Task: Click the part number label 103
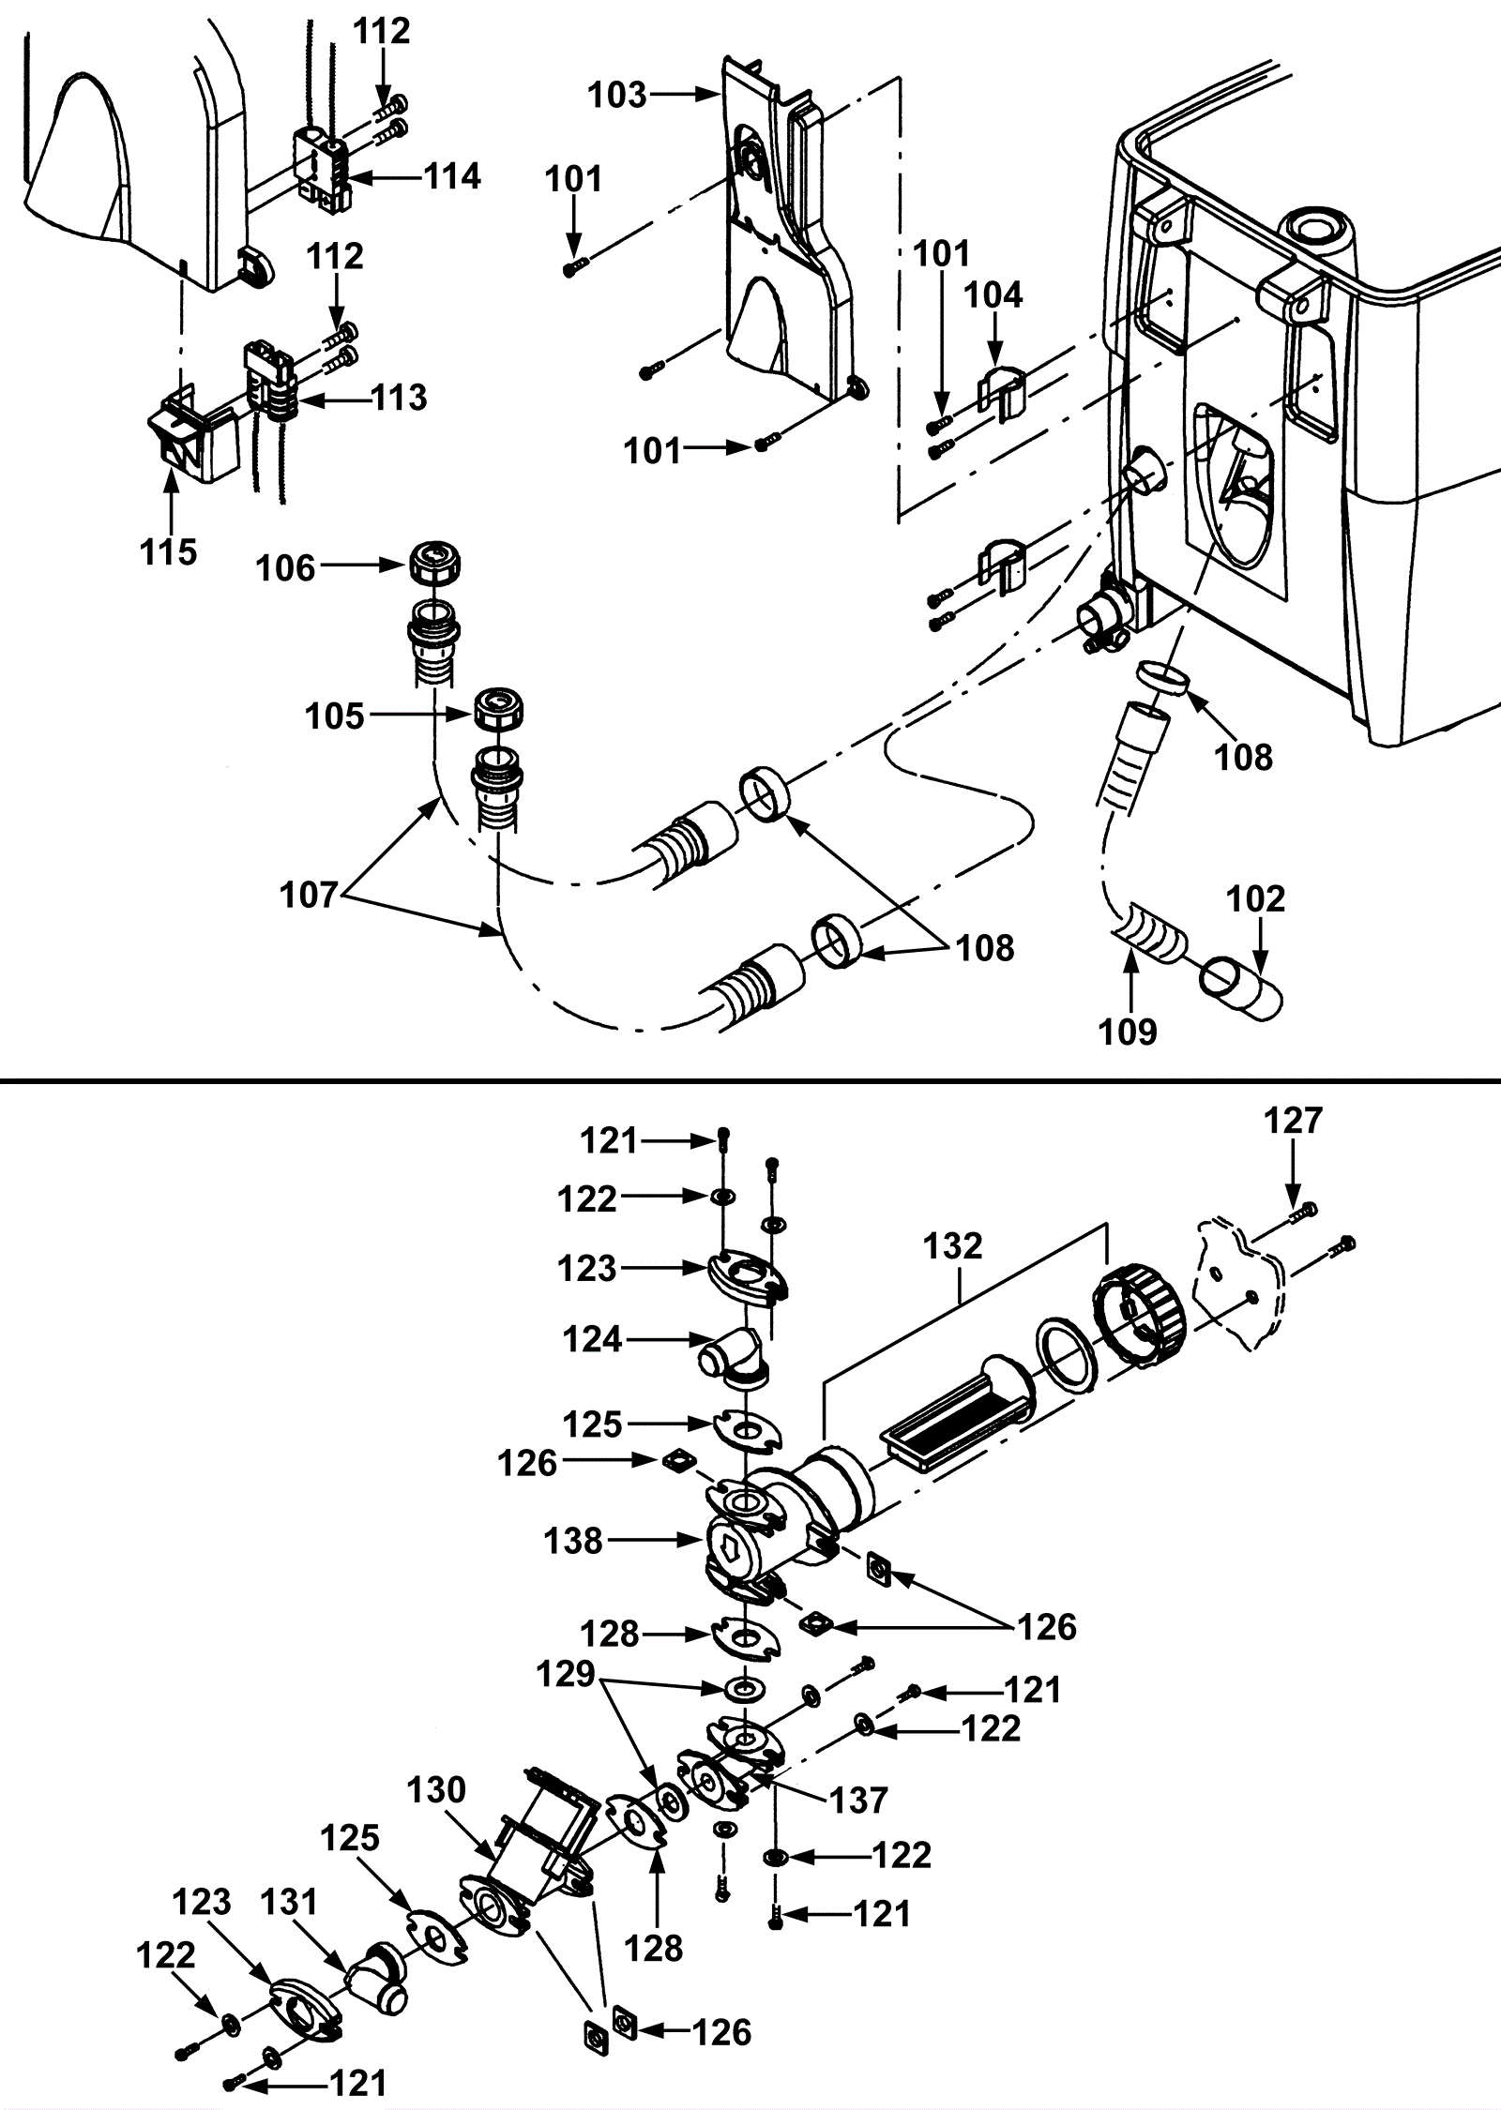click(x=616, y=95)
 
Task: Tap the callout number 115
click(x=169, y=551)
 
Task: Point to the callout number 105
click(x=334, y=716)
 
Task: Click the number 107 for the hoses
click(x=309, y=896)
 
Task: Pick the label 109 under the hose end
click(x=1128, y=1032)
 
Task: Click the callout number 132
click(x=952, y=1246)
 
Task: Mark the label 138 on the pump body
click(x=573, y=1541)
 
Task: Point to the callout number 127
click(x=1293, y=1120)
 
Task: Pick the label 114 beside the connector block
click(x=451, y=176)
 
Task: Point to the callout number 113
click(x=400, y=398)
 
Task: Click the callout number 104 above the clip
click(x=994, y=294)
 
